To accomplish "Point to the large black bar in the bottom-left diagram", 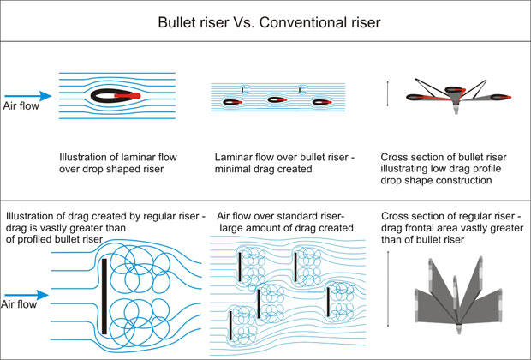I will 104,296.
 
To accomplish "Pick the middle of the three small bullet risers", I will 276,101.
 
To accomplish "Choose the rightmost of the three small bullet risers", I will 322,103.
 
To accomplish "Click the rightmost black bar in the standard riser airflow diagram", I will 328,302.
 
